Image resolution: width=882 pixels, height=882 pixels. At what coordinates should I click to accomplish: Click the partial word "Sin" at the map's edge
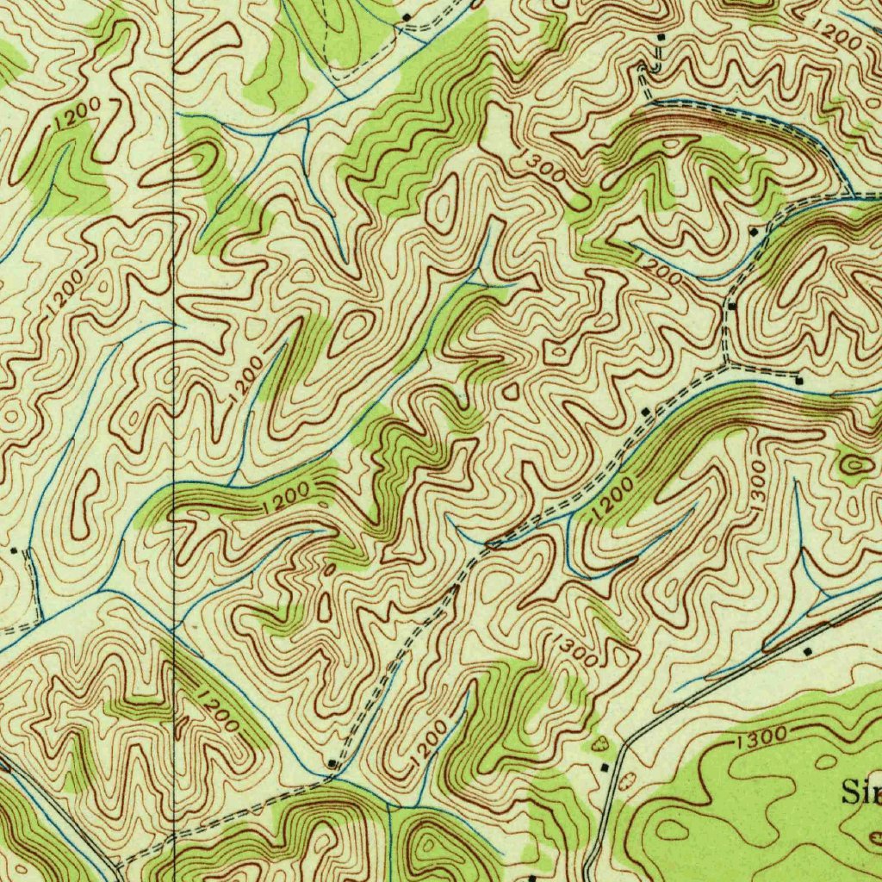point(860,793)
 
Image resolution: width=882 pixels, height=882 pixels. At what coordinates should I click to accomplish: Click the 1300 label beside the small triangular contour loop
point(575,650)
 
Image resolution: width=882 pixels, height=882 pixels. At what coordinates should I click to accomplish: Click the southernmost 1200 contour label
point(429,742)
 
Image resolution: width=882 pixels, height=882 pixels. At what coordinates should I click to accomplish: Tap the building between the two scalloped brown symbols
point(604,767)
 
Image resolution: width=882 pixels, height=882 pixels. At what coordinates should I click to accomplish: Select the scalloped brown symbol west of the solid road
point(599,742)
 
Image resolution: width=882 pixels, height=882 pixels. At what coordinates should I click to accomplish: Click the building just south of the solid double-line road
point(807,652)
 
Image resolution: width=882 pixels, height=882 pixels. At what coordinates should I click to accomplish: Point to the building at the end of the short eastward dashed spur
point(798,380)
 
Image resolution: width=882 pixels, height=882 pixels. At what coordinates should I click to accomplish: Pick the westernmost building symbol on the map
point(14,549)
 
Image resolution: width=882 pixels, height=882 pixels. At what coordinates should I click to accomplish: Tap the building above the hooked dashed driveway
point(661,39)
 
